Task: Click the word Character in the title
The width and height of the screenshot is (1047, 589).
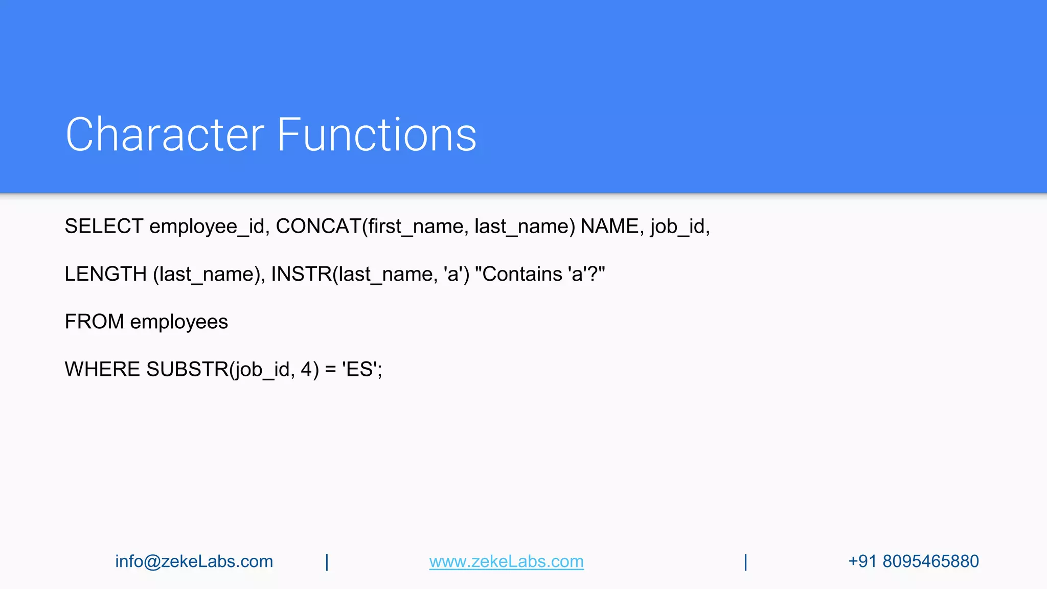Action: tap(165, 134)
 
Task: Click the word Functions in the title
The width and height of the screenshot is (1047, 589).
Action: tap(377, 134)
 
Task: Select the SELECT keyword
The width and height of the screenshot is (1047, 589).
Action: tap(104, 226)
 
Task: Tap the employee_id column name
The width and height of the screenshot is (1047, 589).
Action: tap(207, 226)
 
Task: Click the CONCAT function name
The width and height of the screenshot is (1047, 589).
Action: tap(318, 226)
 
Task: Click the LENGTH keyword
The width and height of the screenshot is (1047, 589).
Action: tap(106, 274)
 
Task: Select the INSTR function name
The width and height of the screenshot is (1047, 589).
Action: tap(302, 274)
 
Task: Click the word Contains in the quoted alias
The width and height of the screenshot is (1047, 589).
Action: tap(522, 274)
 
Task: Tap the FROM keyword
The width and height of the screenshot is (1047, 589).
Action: tap(95, 322)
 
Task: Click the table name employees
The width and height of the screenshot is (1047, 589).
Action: tap(179, 322)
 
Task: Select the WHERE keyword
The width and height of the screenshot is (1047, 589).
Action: tap(102, 369)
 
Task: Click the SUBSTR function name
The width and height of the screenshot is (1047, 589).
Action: tap(187, 369)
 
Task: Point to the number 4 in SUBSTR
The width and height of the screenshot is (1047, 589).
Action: tap(306, 369)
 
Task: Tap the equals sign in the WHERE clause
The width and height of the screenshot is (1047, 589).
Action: tap(331, 370)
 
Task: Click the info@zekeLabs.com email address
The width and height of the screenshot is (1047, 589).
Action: tap(194, 561)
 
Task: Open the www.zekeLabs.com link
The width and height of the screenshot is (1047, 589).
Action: tap(506, 561)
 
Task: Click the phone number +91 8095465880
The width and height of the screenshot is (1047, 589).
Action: tap(913, 561)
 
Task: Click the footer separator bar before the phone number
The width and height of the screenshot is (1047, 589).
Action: tap(745, 562)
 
